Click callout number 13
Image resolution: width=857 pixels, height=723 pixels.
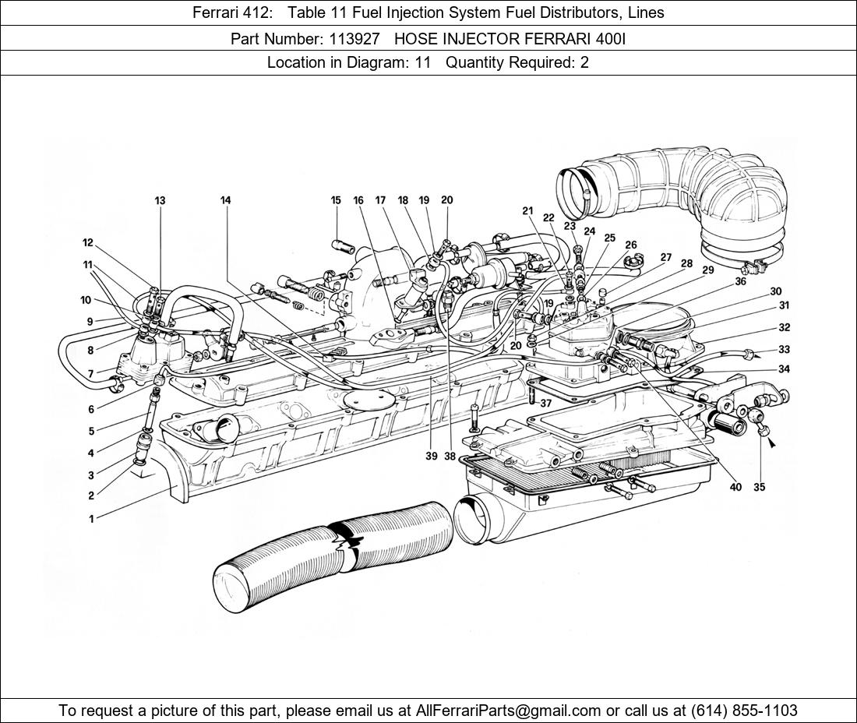(x=160, y=201)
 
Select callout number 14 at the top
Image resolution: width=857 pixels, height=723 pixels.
(x=225, y=201)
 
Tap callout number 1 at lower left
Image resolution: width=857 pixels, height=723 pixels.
(x=91, y=519)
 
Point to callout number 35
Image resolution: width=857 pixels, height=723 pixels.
(x=760, y=488)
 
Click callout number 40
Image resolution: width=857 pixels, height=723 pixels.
(x=735, y=488)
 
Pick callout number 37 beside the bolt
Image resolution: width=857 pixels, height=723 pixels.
(x=545, y=404)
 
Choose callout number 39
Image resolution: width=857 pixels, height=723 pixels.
(x=431, y=457)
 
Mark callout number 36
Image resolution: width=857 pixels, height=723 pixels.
(x=740, y=282)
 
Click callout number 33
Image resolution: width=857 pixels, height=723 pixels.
(x=784, y=350)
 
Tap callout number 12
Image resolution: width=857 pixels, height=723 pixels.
(x=88, y=243)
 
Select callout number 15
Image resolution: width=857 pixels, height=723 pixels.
(x=336, y=200)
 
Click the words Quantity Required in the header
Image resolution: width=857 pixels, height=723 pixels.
(x=510, y=63)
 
